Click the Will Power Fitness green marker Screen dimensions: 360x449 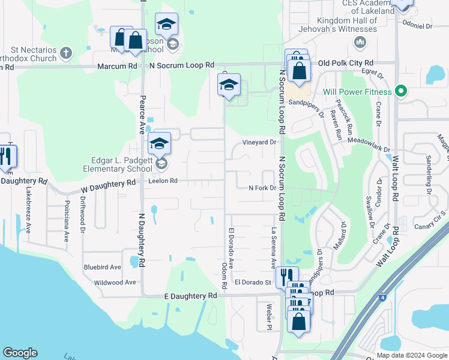tap(402, 92)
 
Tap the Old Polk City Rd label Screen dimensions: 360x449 tap(346, 63)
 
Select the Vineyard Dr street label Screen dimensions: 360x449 tap(259, 142)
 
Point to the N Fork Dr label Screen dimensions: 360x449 tap(262, 188)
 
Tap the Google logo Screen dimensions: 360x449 tap(20, 353)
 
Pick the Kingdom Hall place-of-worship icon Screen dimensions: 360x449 tap(360, 41)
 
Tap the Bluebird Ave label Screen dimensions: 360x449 tap(103, 267)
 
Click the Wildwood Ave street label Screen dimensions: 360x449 tap(115, 282)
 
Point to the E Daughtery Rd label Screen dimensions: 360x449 tap(191, 296)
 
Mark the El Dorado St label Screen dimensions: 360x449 tap(253, 281)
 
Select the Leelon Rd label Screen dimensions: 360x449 tap(163, 180)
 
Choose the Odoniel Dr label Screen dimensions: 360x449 tap(418, 26)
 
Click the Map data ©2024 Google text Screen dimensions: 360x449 tap(412, 355)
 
